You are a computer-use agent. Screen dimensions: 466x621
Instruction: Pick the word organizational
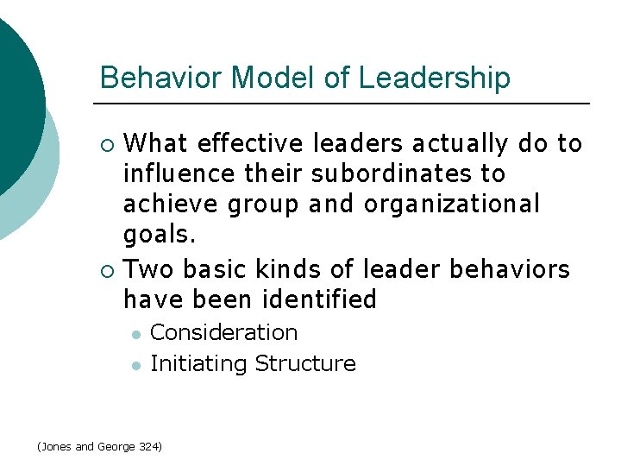(x=452, y=204)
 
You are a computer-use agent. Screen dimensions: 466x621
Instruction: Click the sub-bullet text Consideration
(x=224, y=332)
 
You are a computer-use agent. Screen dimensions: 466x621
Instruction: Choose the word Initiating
(x=198, y=363)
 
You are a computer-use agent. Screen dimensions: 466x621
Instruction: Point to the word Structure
(x=305, y=363)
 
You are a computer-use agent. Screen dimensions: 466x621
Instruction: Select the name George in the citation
(x=116, y=446)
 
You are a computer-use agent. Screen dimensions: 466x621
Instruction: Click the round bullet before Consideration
(x=135, y=333)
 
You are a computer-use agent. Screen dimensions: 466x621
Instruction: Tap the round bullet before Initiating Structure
(x=135, y=364)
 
